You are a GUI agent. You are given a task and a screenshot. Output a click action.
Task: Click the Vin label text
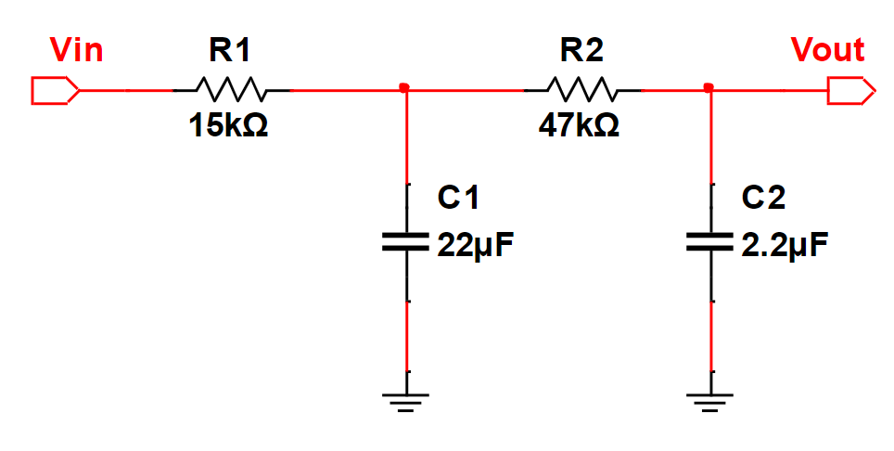(76, 49)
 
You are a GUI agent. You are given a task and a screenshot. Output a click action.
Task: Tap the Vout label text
(827, 49)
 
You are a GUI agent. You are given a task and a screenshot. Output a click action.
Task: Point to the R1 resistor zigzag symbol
(231, 91)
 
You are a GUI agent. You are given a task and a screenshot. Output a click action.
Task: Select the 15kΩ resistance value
(228, 125)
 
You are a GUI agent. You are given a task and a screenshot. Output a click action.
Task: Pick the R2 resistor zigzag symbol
(581, 91)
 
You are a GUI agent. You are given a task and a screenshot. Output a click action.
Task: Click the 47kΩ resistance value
(580, 125)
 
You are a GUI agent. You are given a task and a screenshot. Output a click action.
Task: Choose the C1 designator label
(459, 197)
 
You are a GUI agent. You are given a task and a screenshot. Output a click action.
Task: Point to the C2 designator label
(764, 197)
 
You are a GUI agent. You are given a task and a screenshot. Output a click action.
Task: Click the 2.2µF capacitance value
(785, 247)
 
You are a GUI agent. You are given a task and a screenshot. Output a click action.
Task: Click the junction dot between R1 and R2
(404, 88)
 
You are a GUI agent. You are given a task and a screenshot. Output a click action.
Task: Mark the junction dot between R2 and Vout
(709, 88)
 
